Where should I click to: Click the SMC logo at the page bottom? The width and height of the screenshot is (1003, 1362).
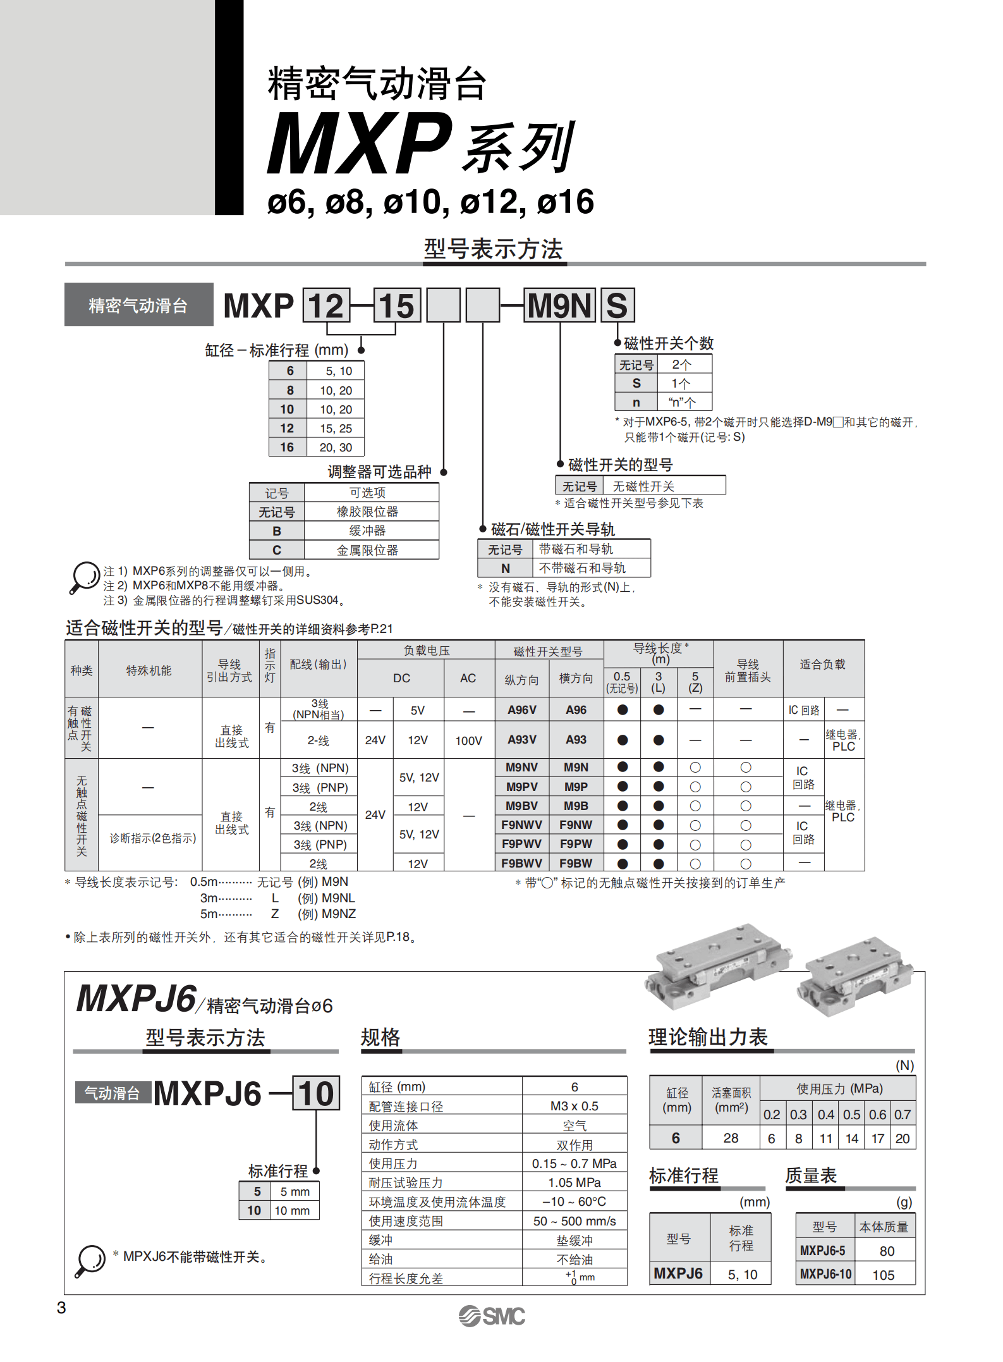tap(492, 1316)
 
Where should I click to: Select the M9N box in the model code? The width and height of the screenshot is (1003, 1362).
tap(559, 306)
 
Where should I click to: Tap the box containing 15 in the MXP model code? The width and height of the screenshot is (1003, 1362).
tap(397, 306)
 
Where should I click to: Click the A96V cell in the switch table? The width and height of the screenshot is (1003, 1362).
tap(521, 710)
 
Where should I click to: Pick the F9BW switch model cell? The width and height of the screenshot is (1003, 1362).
tap(576, 863)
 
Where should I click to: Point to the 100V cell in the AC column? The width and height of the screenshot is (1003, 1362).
tap(468, 740)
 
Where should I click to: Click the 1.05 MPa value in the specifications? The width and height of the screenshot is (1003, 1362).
tap(574, 1182)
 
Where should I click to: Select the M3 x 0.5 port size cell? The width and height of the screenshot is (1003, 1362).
tap(574, 1106)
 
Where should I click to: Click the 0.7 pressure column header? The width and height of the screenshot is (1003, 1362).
tap(903, 1114)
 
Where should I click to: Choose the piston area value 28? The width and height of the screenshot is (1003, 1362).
tap(731, 1138)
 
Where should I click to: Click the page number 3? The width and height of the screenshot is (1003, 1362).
tap(61, 1308)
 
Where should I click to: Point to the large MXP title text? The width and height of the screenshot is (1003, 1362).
tap(360, 144)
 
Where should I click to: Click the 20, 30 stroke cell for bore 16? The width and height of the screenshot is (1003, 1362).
tap(336, 448)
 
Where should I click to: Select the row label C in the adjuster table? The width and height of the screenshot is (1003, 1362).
tap(277, 550)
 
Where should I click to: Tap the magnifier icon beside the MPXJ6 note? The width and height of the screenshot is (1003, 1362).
tap(90, 1260)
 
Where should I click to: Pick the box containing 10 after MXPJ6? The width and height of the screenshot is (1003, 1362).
tap(316, 1093)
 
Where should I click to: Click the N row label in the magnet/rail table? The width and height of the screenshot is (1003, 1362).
tap(505, 568)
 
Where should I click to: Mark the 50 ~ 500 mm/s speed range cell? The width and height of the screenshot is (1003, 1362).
tap(574, 1221)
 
